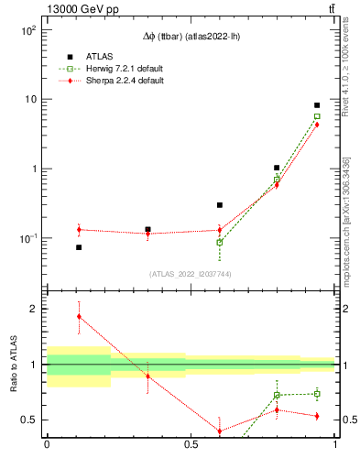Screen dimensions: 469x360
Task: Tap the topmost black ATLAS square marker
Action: coord(317,105)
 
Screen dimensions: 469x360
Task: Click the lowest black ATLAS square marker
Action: coord(79,247)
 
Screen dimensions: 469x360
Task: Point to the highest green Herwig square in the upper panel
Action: coord(317,116)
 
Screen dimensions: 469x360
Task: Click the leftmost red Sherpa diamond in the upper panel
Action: coord(79,230)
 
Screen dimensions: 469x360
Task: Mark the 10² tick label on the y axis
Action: coord(27,29)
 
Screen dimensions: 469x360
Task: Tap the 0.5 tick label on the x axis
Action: coord(191,444)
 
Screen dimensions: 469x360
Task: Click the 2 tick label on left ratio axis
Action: coord(36,309)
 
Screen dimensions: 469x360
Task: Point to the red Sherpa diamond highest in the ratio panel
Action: coord(79,316)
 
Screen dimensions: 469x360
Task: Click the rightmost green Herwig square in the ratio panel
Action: coord(317,394)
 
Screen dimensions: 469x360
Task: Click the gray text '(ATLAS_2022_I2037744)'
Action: coord(191,273)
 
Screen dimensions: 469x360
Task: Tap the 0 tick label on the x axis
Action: coord(47,444)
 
